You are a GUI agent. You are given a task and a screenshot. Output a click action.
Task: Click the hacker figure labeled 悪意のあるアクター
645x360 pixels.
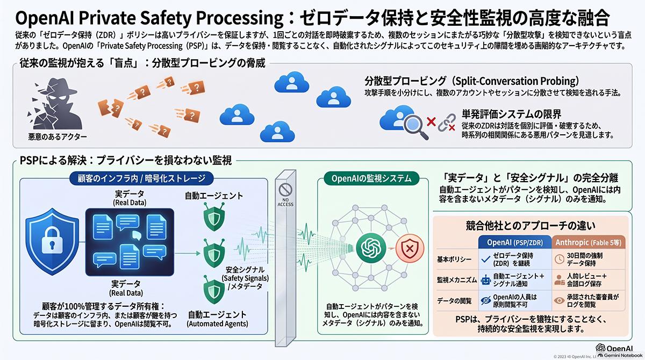click(55, 104)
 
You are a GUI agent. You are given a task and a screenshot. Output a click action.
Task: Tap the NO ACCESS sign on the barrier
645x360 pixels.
click(285, 195)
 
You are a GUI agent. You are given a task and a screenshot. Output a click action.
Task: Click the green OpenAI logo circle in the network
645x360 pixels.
click(371, 248)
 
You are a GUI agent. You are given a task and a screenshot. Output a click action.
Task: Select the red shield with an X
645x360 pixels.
click(410, 248)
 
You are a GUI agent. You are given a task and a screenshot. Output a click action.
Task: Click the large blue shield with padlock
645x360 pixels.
click(52, 241)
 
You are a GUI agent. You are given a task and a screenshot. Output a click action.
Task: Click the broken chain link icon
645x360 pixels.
click(447, 123)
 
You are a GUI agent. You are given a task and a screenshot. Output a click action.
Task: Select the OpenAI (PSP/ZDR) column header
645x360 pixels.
click(515, 242)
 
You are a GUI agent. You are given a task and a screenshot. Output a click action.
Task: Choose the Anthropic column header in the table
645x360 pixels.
click(588, 242)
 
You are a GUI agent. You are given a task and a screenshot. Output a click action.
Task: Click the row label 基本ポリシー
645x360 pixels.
click(454, 260)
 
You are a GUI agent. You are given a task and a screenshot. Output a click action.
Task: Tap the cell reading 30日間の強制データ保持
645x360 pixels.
click(585, 260)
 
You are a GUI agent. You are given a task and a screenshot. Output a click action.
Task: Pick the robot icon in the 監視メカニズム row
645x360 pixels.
click(486, 280)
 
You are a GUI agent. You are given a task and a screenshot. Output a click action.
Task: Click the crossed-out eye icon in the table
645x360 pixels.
click(486, 300)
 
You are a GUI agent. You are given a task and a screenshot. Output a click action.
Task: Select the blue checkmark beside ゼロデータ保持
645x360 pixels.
click(486, 260)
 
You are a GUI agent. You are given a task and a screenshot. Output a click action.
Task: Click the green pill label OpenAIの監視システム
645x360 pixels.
click(371, 178)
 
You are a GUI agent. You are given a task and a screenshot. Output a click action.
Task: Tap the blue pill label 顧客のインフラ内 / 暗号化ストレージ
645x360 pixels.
click(141, 178)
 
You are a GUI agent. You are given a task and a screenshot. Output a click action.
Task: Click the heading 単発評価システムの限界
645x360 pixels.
click(511, 114)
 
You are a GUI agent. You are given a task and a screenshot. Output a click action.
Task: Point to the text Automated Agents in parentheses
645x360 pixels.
click(217, 324)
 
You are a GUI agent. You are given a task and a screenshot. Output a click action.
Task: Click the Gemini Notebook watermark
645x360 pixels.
click(620, 356)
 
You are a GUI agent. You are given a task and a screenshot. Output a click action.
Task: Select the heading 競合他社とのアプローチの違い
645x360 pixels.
click(531, 226)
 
